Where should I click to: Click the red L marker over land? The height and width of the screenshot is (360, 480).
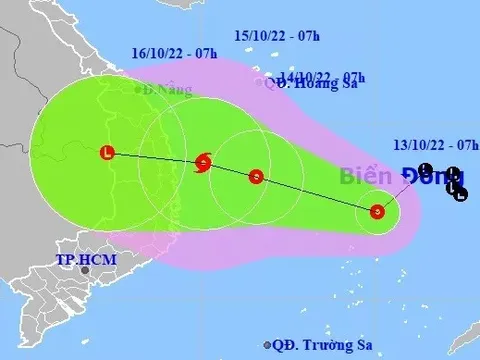pos(106,153)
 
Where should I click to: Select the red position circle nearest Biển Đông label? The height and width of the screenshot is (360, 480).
pos(377,211)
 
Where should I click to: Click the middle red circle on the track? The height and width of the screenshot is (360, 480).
pos(256,177)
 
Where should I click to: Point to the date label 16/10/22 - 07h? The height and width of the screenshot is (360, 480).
pos(174,52)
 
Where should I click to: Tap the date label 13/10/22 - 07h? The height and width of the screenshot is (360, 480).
pos(433,147)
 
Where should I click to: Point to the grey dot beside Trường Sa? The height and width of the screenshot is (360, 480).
pos(267,345)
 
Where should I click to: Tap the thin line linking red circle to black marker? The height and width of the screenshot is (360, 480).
pos(402,189)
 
